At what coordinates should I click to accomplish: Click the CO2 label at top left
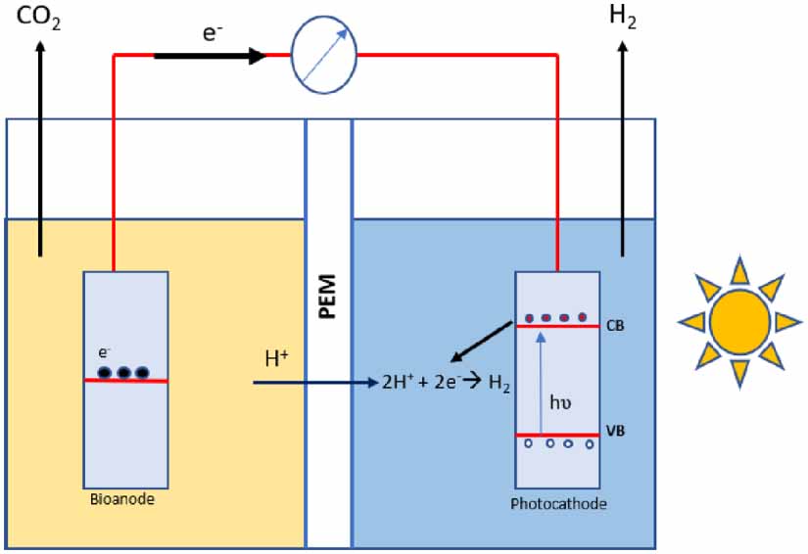[40, 19]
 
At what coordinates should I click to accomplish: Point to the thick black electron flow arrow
[210, 56]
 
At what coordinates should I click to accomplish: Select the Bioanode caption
[124, 500]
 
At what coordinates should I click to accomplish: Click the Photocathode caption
[557, 503]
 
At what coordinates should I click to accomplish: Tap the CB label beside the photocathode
[617, 324]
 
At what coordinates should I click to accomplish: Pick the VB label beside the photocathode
[617, 432]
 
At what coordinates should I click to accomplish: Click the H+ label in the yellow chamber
[277, 358]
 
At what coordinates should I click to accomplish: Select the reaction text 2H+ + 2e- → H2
[446, 383]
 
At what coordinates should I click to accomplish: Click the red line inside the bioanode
[125, 381]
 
